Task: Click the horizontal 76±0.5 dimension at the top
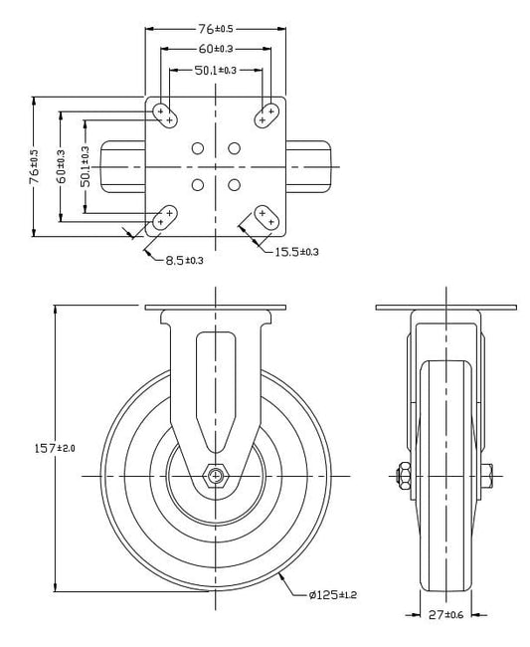coord(216,29)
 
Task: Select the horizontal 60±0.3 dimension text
coord(216,49)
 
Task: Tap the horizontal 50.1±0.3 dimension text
coord(216,71)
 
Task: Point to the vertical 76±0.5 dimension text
coord(35,166)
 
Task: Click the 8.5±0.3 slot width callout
coord(184,261)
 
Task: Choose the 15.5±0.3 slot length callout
coord(296,252)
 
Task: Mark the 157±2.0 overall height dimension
coord(55,448)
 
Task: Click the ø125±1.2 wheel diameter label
coord(332,594)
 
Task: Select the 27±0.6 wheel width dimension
coord(445,615)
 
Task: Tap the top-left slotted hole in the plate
coord(165,115)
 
